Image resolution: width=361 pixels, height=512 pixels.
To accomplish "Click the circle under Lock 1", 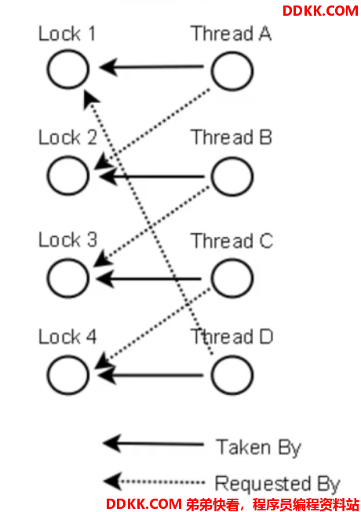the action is click(48, 69).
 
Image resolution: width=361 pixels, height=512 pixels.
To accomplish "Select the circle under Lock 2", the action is click(48, 176).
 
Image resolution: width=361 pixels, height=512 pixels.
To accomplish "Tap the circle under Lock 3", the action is click(48, 278).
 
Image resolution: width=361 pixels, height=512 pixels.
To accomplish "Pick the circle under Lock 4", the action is click(48, 375).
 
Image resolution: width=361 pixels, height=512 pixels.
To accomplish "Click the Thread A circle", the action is click(212, 71).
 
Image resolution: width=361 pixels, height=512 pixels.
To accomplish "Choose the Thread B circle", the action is click(212, 177).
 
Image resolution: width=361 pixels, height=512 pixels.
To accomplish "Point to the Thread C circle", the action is click(212, 278).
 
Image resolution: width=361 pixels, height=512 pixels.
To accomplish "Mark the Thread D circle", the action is click(212, 375).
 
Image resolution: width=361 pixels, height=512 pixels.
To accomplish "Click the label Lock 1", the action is click(67, 34).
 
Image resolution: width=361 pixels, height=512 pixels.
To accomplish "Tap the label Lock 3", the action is click(68, 240).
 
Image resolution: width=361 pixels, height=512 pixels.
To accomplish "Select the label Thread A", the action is click(231, 33).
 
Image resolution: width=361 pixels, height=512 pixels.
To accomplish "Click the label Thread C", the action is click(232, 241).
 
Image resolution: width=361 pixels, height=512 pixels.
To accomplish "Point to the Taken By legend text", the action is click(258, 448).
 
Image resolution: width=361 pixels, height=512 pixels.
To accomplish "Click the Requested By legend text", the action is click(278, 484).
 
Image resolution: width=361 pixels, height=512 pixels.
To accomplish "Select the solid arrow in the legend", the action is click(153, 444).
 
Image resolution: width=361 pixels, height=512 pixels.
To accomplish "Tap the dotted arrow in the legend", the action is click(154, 481).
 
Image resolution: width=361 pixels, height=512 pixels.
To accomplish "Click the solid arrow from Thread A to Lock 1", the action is click(151, 67).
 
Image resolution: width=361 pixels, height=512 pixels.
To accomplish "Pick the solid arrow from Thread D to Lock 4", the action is click(150, 375).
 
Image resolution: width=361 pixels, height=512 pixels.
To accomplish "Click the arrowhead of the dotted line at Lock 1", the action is click(90, 98).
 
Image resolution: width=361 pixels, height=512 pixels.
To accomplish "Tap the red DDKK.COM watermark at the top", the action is click(320, 11).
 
